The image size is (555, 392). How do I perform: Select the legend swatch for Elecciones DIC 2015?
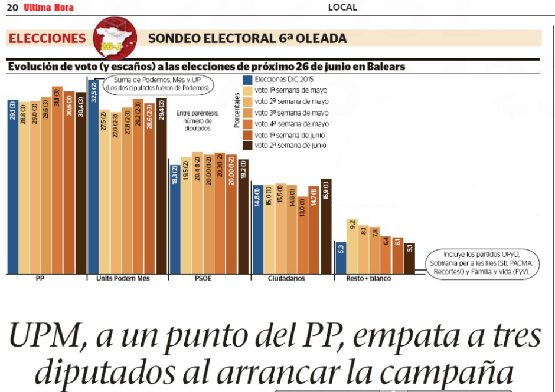pos(248,79)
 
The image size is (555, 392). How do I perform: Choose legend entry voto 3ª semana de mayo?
pos(291,113)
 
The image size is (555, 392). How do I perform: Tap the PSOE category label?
pos(203,279)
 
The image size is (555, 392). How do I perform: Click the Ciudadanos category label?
pos(286,279)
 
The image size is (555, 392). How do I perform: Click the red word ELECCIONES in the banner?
pos(47,38)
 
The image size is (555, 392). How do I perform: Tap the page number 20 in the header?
pos(11,7)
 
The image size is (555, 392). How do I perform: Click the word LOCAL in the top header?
pos(342,7)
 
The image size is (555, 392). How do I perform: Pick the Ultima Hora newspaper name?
pos(48,7)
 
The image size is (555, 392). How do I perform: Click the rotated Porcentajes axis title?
pos(236,109)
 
